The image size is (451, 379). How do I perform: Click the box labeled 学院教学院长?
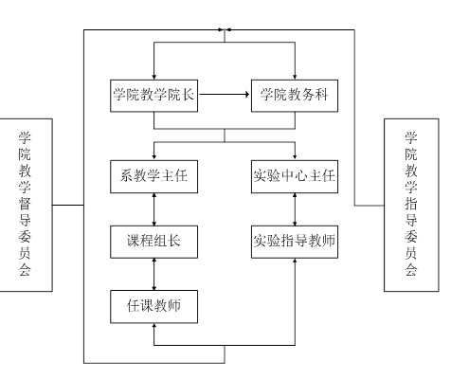[153, 96]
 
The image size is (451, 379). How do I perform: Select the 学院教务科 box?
[295, 96]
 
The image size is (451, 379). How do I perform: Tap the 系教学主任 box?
[153, 176]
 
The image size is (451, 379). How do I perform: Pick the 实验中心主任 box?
[295, 176]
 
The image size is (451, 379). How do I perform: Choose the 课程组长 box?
[153, 242]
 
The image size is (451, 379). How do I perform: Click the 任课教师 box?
[153, 307]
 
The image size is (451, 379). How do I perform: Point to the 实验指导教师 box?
[295, 242]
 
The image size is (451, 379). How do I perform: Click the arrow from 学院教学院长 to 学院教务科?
[225, 94]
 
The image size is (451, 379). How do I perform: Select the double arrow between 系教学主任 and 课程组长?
[154, 209]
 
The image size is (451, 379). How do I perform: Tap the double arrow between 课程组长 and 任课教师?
[154, 274]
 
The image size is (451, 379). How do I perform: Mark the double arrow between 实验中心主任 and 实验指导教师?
[295, 209]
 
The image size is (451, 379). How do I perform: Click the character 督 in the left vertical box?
[25, 204]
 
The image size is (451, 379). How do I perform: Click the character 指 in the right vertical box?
[411, 204]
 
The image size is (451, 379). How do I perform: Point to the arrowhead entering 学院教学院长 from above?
[153, 77]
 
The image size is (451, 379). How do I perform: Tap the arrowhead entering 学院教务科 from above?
[295, 77]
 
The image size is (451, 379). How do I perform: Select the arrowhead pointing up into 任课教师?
[153, 326]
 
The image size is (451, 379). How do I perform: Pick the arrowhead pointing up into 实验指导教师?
[295, 261]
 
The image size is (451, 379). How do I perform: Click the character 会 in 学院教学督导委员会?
[25, 270]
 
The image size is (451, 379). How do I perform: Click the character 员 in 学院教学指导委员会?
[411, 253]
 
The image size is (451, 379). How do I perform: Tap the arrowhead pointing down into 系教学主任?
[153, 157]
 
